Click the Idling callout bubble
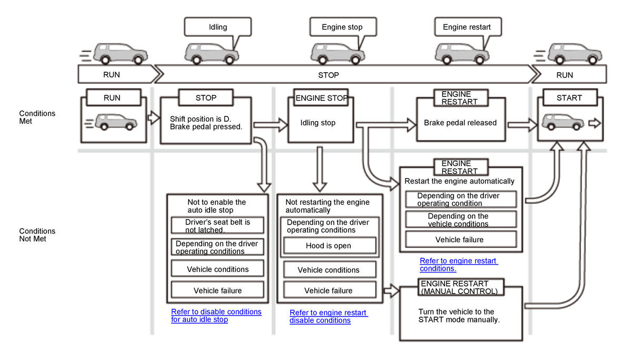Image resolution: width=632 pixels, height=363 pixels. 218,27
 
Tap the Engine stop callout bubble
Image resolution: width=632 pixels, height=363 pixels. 342,27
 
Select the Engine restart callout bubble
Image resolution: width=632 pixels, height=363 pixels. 467,27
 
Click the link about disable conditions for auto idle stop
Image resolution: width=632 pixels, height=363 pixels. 216,316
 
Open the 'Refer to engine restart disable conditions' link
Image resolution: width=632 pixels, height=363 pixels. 328,317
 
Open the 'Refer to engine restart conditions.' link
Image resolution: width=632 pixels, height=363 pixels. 458,264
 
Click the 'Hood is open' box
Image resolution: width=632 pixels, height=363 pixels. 328,246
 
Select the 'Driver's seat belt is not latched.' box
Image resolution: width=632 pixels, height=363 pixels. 218,225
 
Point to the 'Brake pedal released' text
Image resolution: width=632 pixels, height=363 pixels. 460,123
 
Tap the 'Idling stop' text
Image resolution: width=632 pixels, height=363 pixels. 318,123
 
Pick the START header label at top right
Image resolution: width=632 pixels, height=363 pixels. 569,97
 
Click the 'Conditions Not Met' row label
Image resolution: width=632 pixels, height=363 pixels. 37,235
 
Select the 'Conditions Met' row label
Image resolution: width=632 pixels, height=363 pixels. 37,117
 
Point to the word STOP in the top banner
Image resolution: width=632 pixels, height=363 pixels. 329,75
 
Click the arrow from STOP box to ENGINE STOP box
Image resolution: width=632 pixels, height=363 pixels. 270,125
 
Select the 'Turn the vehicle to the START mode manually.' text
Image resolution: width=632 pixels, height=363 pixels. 456,316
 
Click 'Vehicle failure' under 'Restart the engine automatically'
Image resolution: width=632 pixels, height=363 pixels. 459,240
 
